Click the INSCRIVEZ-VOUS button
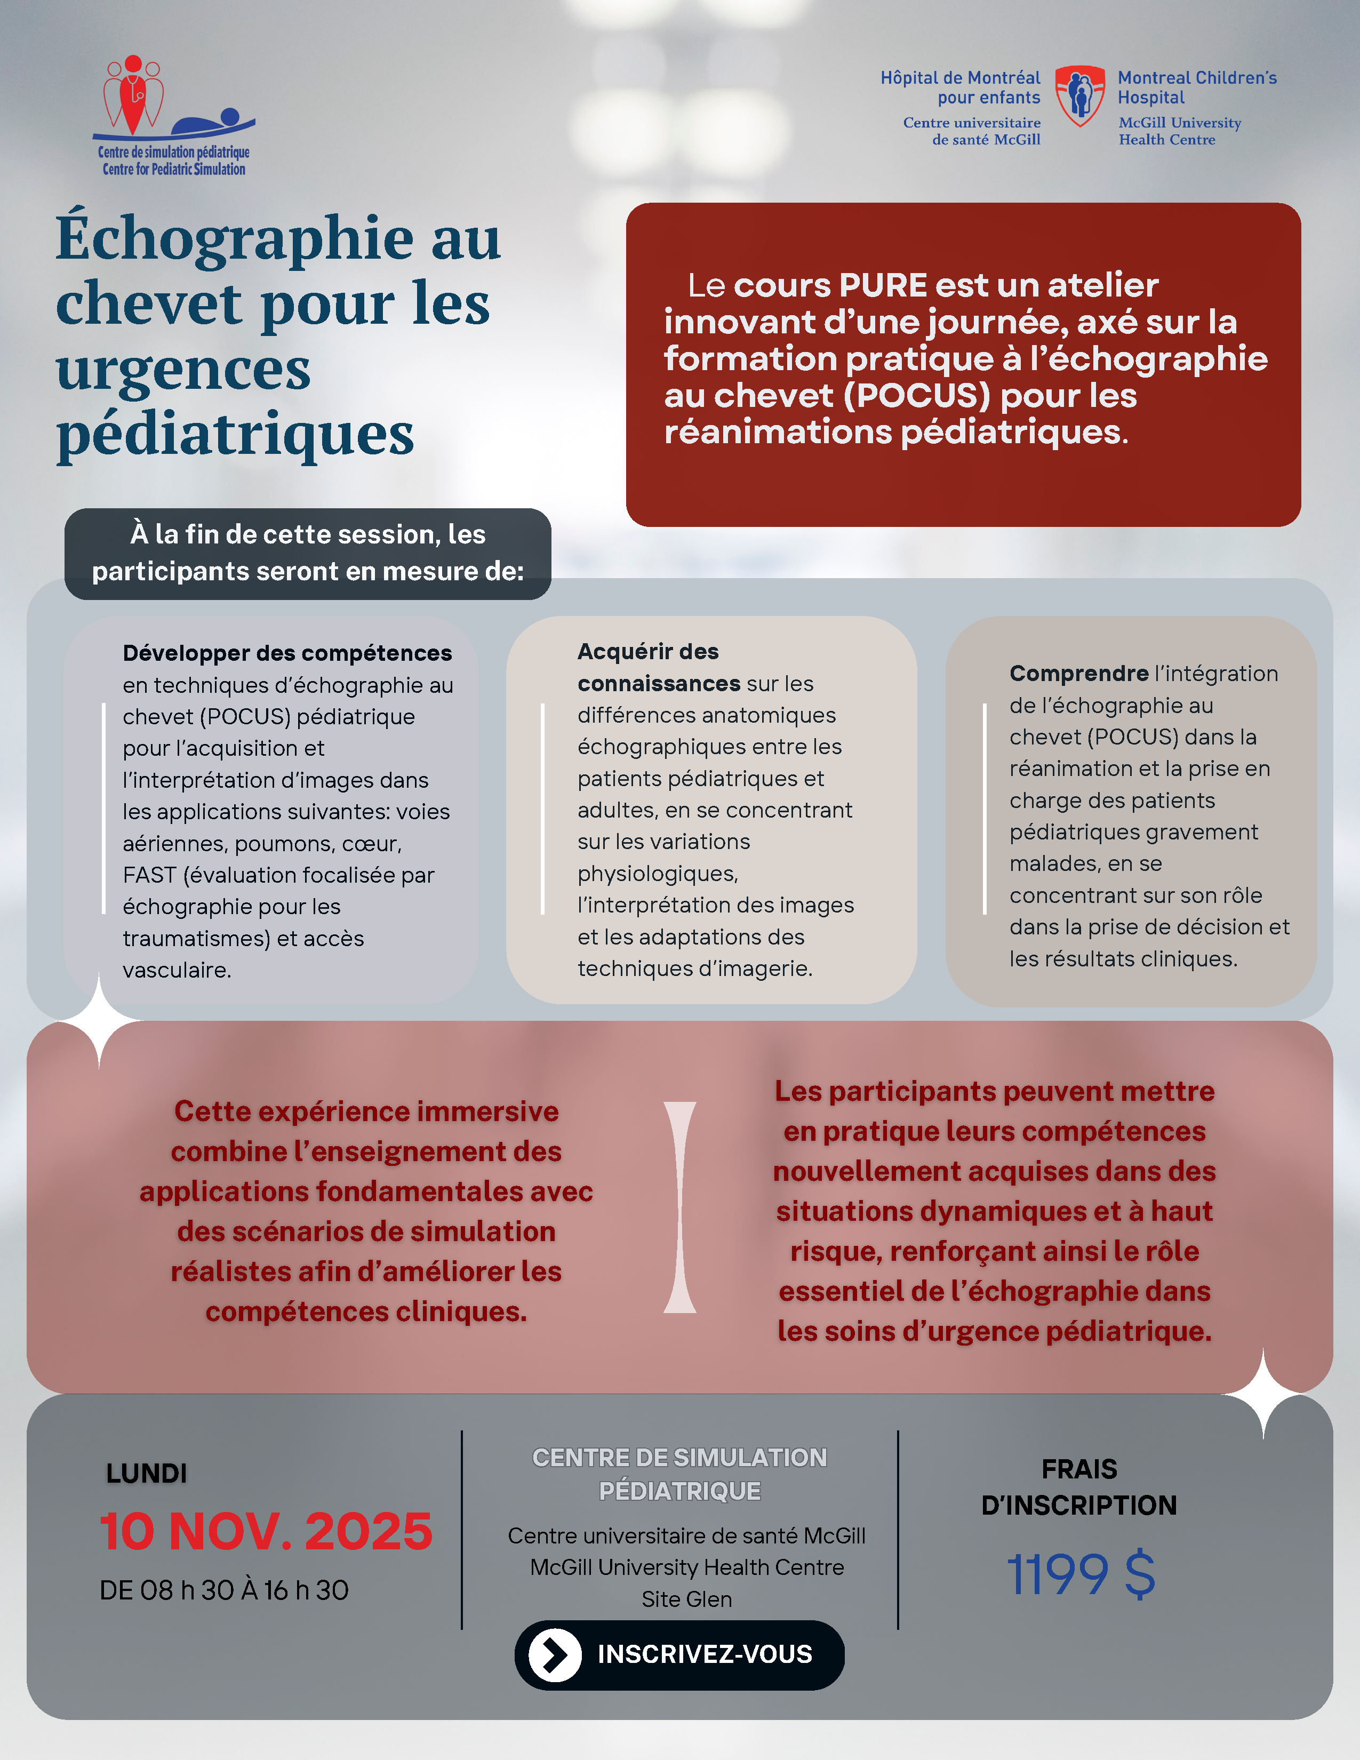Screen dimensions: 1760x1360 pos(679,1654)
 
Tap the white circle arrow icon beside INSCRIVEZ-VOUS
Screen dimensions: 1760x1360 pos(554,1654)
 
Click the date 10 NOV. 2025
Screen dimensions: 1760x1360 pos(266,1531)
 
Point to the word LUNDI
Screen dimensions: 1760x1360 pos(147,1473)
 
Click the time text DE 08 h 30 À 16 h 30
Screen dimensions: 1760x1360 pos(224,1590)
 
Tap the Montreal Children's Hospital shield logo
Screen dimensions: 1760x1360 pos(1079,96)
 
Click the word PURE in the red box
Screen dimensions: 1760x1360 pos(883,285)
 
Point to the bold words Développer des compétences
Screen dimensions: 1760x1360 pos(287,653)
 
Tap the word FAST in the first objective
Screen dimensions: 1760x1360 pos(150,875)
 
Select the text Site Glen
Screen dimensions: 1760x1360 pos(686,1599)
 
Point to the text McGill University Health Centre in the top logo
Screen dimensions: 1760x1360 pos(1180,131)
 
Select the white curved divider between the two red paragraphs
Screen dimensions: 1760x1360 pos(679,1207)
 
